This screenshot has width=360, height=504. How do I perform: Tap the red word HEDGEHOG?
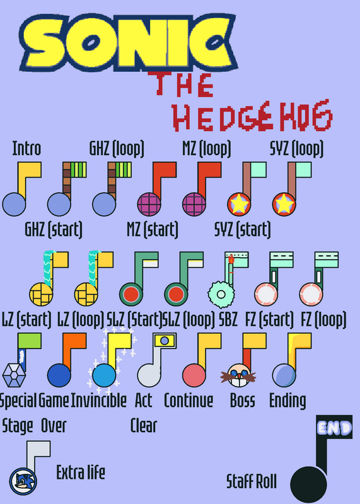click(x=253, y=116)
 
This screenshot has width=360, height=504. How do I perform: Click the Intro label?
click(x=26, y=149)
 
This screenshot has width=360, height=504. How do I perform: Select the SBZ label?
click(x=228, y=319)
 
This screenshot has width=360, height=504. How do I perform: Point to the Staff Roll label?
click(x=252, y=481)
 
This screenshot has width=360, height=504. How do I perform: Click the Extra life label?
click(x=81, y=472)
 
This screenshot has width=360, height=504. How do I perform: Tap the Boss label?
click(x=243, y=401)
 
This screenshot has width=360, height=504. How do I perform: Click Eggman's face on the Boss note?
click(x=238, y=375)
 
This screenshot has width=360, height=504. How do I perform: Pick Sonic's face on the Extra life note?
click(x=23, y=481)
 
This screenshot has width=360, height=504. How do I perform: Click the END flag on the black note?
click(x=334, y=427)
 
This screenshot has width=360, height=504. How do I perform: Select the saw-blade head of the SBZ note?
click(x=221, y=294)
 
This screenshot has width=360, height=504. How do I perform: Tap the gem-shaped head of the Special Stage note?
click(x=14, y=375)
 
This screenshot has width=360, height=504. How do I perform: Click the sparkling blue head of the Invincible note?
click(x=104, y=375)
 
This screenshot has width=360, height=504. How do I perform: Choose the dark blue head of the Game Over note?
click(x=59, y=375)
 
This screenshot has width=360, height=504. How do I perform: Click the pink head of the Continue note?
click(x=194, y=375)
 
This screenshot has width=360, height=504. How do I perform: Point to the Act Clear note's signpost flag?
click(x=165, y=341)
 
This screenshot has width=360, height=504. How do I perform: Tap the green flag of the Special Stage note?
click(x=30, y=341)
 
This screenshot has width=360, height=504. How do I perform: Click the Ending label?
click(x=287, y=401)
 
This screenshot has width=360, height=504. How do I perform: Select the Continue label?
click(x=189, y=401)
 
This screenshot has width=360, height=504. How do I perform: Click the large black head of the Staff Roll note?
click(x=308, y=484)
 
